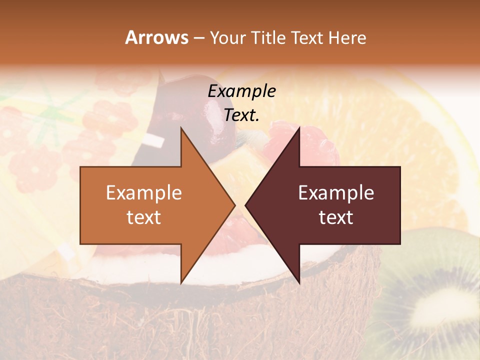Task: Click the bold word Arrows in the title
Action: pyautogui.click(x=156, y=37)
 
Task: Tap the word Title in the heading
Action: pyautogui.click(x=268, y=38)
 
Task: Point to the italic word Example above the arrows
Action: pyautogui.click(x=241, y=91)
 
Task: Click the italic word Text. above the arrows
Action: pyautogui.click(x=241, y=115)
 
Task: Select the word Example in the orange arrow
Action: pyautogui.click(x=143, y=193)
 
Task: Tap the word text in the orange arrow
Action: pyautogui.click(x=143, y=217)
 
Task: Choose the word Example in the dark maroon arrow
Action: pyautogui.click(x=336, y=193)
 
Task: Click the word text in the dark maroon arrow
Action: pyautogui.click(x=336, y=217)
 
